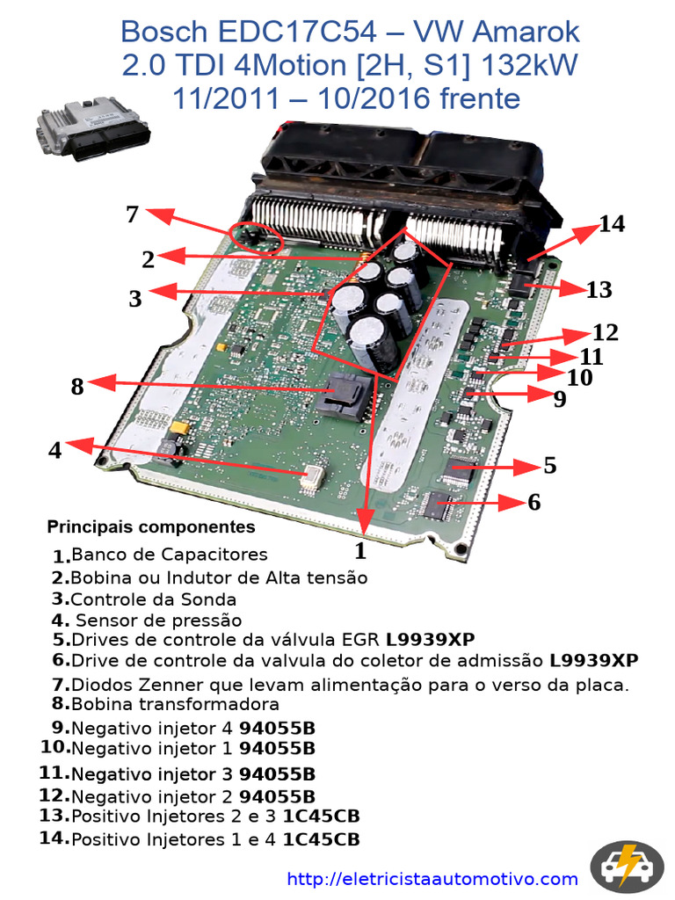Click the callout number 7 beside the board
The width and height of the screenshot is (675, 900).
pyautogui.click(x=133, y=214)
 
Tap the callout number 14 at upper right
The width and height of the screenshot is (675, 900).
pyautogui.click(x=612, y=224)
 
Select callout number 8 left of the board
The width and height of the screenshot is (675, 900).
pyautogui.click(x=77, y=386)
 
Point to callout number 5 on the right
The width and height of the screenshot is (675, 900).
pyautogui.click(x=549, y=465)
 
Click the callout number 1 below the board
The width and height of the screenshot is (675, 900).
pyautogui.click(x=359, y=551)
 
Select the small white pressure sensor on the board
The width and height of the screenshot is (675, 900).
pyautogui.click(x=311, y=476)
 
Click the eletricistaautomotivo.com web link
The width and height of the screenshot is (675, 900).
pyautogui.click(x=432, y=879)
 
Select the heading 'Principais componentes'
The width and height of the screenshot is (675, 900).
pyautogui.click(x=151, y=527)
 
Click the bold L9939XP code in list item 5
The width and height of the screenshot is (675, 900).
pyautogui.click(x=431, y=639)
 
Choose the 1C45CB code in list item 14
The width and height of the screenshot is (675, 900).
pyautogui.click(x=321, y=839)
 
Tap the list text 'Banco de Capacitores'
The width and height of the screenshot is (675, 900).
pyautogui.click(x=169, y=555)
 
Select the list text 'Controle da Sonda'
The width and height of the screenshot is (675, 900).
pyautogui.click(x=153, y=599)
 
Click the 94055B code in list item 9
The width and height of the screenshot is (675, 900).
pyautogui.click(x=277, y=728)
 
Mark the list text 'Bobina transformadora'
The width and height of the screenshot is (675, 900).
pyautogui.click(x=175, y=704)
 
